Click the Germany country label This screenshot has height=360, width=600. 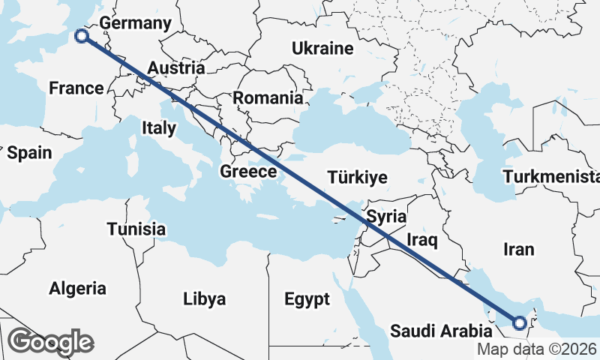coord(136,23)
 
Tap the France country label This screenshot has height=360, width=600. coord(76,88)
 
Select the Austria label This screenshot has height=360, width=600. coord(176,68)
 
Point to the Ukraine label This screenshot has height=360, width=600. coord(322,49)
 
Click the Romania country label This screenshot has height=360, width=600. coord(268,97)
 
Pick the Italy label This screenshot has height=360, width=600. coord(158,128)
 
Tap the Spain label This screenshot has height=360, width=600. coord(30,153)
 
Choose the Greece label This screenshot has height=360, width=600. coord(248,172)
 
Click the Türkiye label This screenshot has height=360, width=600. coord(357,178)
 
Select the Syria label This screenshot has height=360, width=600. coord(386,217)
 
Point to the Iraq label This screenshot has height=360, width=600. coord(421,240)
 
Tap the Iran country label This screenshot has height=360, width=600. coord(519,249)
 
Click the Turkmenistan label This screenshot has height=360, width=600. coord(552,177)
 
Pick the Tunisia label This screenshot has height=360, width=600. coord(136,229)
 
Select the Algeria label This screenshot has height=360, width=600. coord(78,288)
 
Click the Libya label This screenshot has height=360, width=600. coord(204,300)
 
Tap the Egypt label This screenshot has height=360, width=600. coord(307,300)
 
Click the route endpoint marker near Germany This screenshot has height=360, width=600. coord(81,35)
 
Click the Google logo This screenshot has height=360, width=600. coord(50,342)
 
